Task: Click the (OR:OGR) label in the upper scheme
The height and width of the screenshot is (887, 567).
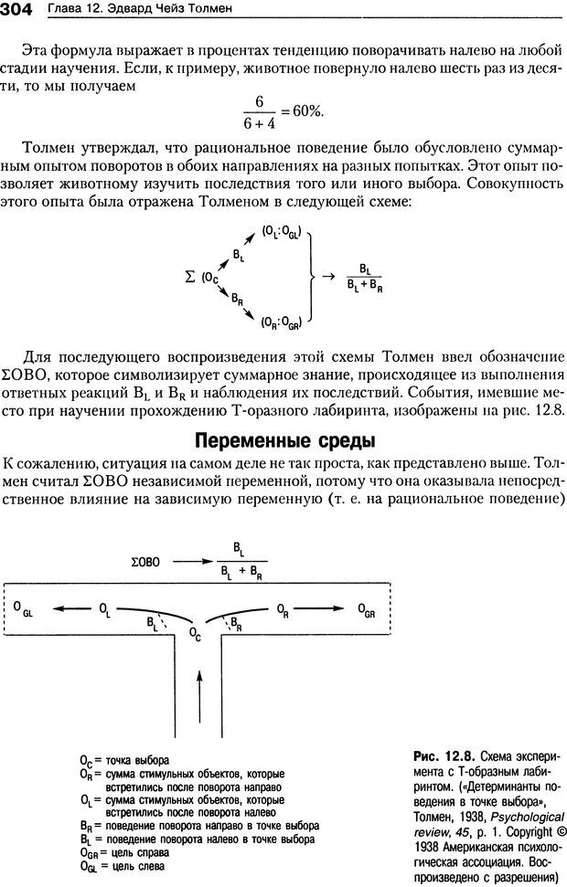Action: coord(282,321)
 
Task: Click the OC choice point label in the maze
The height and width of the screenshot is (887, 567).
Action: coord(194,631)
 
